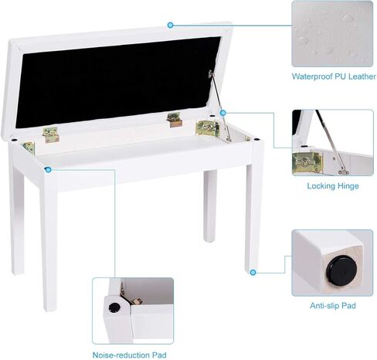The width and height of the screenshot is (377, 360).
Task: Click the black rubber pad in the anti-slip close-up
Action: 341,270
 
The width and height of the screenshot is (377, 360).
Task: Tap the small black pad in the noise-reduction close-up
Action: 114,307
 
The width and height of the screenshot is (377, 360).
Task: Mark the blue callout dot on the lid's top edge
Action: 171,25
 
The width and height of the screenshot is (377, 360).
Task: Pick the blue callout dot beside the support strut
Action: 222,113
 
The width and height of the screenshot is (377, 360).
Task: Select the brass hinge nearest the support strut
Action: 207,127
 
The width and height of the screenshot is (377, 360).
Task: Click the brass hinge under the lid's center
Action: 173,120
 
